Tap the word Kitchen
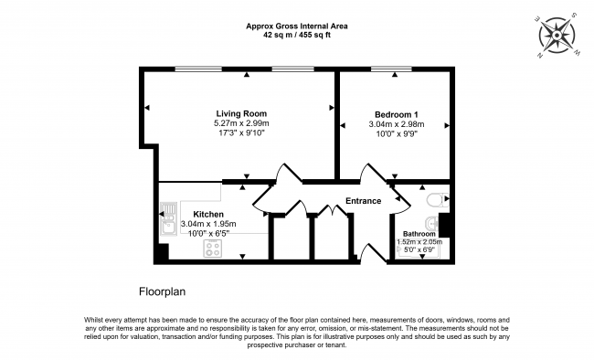click(208, 215)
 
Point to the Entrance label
click(363, 201)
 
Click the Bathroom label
click(420, 234)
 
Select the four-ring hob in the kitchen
click(215, 247)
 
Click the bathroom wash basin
click(431, 224)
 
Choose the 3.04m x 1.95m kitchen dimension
click(208, 224)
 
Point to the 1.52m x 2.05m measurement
click(420, 242)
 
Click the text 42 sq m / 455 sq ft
click(297, 37)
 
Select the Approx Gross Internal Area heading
click(297, 26)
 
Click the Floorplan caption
click(163, 292)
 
